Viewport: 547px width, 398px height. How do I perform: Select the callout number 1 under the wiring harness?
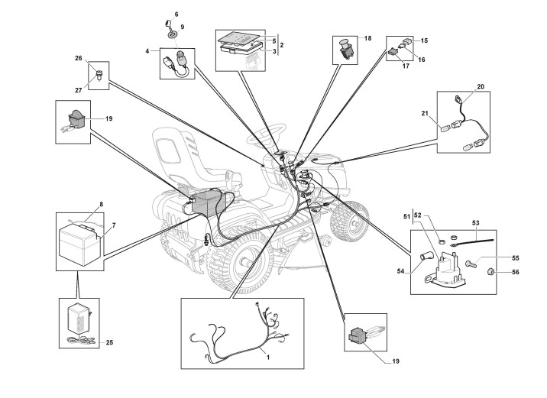click(x=267, y=356)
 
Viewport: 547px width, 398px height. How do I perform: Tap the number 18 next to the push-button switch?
click(x=367, y=37)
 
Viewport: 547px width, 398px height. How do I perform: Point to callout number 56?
click(x=515, y=271)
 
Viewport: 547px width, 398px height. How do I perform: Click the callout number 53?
click(x=474, y=223)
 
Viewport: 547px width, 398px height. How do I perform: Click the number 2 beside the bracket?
click(x=282, y=46)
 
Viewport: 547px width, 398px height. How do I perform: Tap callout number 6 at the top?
click(x=176, y=15)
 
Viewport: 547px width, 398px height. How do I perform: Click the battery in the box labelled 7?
click(x=79, y=243)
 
